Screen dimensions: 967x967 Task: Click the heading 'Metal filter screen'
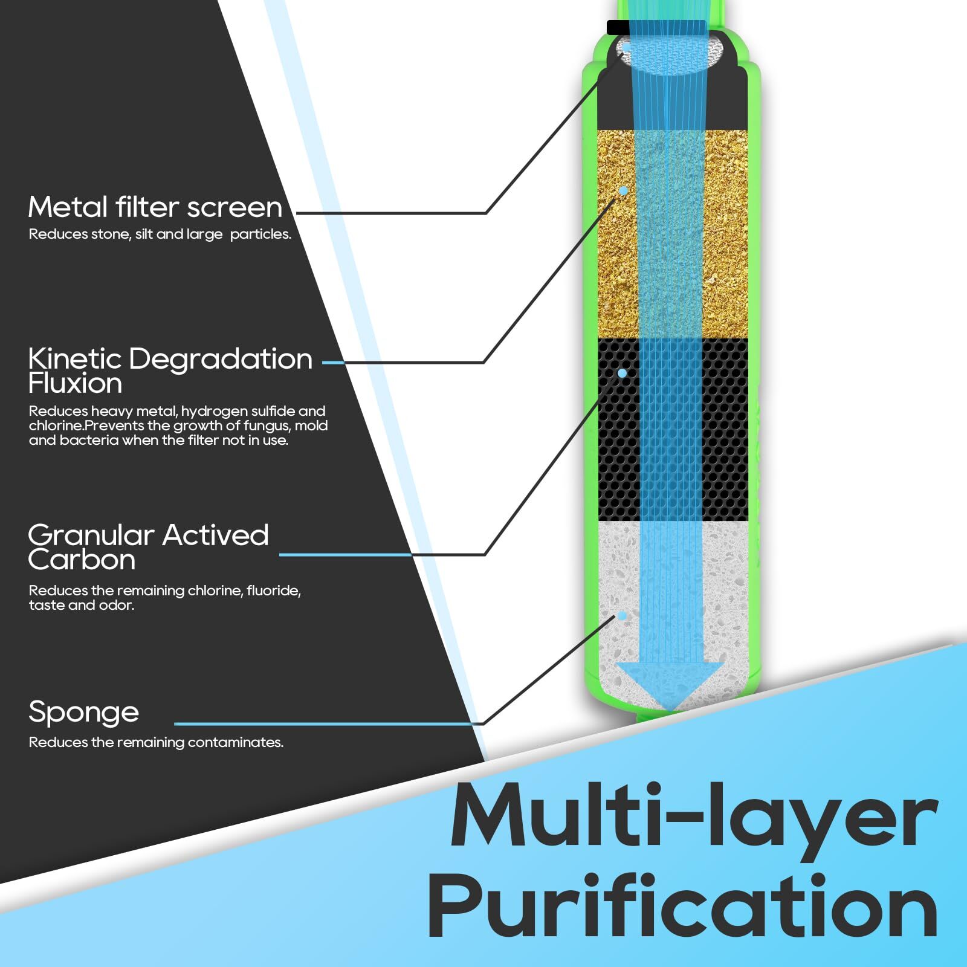tap(155, 207)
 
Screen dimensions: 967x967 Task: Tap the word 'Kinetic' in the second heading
tap(75, 358)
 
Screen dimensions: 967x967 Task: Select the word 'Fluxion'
tap(75, 383)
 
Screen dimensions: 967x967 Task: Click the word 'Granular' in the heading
tap(91, 535)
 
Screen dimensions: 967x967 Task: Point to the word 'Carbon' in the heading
tap(82, 560)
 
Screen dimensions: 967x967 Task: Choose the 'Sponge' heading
tap(83, 713)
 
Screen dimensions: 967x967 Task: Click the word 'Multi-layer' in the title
tap(694, 816)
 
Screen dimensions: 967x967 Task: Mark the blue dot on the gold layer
tap(623, 191)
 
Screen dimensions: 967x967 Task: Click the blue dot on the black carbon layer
tap(622, 374)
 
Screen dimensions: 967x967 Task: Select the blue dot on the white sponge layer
tap(622, 616)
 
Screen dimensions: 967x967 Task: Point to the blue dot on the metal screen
tap(627, 46)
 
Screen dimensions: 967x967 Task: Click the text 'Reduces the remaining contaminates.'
tap(156, 742)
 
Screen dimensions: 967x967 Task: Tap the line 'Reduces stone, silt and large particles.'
tap(160, 234)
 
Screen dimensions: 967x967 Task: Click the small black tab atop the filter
tap(618, 27)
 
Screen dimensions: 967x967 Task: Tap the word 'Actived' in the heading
tap(215, 535)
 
